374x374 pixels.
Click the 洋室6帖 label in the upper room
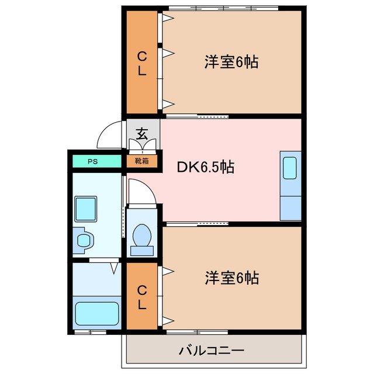tap(231, 62)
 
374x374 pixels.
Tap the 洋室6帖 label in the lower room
tap(231, 278)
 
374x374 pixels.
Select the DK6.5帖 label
tap(206, 168)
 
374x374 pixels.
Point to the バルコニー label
tap(212, 351)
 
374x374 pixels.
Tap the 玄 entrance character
tap(141, 133)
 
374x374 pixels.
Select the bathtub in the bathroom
tap(97, 316)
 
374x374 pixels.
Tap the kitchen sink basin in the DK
tap(290, 169)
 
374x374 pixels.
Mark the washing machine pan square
tap(86, 209)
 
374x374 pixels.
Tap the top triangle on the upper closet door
tap(167, 18)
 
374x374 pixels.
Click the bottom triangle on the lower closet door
tap(167, 320)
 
